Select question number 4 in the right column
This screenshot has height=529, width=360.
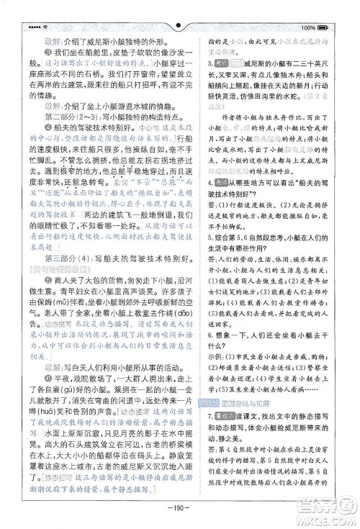point(208,202)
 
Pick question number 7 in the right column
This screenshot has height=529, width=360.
point(208,416)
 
